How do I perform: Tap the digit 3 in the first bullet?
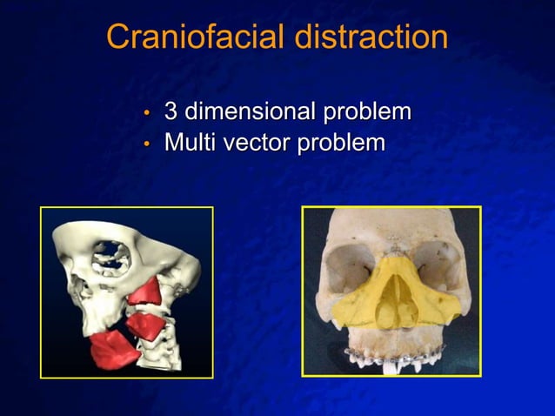coord(171,112)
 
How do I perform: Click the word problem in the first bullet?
coord(367,113)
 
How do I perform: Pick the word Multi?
coord(192,141)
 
